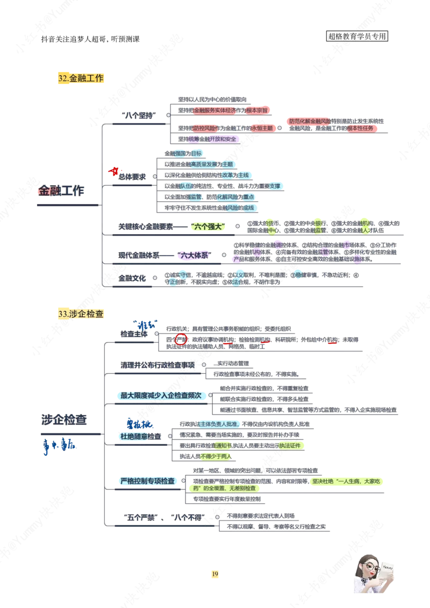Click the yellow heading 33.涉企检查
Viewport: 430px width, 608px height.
pyautogui.click(x=81, y=314)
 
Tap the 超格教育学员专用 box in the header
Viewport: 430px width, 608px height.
pyautogui.click(x=357, y=37)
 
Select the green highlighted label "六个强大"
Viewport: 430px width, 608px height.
pyautogui.click(x=209, y=227)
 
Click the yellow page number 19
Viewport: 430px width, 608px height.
pyautogui.click(x=215, y=575)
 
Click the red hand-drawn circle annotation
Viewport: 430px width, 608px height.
pyautogui.click(x=181, y=339)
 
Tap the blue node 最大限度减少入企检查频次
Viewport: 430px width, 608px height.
pyautogui.click(x=161, y=395)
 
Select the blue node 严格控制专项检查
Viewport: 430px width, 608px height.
pyautogui.click(x=148, y=481)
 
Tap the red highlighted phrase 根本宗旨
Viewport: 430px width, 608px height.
pyautogui.click(x=257, y=110)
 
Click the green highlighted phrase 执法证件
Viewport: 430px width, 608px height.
pyautogui.click(x=291, y=445)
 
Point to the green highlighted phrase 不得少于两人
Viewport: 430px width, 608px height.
pyautogui.click(x=216, y=457)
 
